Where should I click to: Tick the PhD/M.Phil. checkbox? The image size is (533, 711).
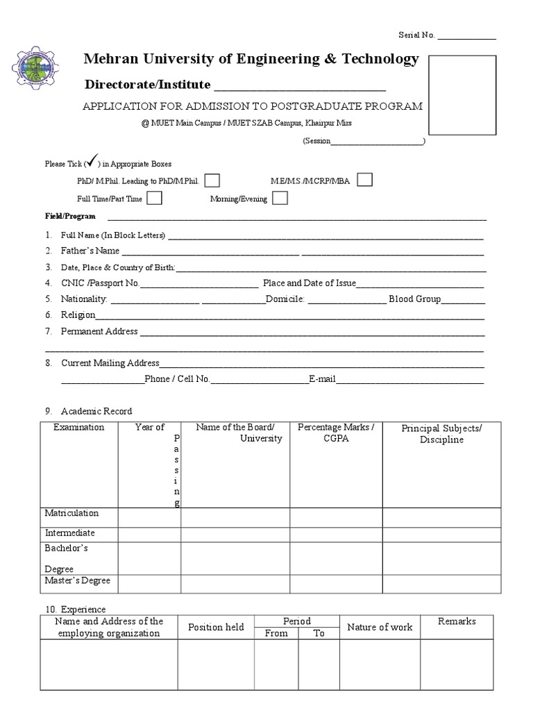point(213,181)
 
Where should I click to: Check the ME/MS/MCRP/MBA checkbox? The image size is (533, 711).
point(364,180)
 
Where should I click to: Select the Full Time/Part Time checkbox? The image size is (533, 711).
point(155,198)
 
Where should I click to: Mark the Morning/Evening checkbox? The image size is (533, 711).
point(280,198)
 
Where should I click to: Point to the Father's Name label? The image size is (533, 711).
point(90,251)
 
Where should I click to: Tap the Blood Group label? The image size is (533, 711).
point(414,299)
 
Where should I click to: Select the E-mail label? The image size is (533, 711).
point(323,379)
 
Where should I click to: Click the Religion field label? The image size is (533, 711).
point(78,315)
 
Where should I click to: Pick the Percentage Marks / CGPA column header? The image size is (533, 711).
point(336,433)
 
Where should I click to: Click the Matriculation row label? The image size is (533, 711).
point(72,513)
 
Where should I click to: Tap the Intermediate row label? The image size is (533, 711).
point(70,533)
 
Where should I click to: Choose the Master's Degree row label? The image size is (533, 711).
point(78,580)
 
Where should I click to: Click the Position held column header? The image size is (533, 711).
point(216,627)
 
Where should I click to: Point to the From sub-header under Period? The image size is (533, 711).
point(276,633)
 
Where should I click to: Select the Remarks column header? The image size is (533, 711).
point(457,621)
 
